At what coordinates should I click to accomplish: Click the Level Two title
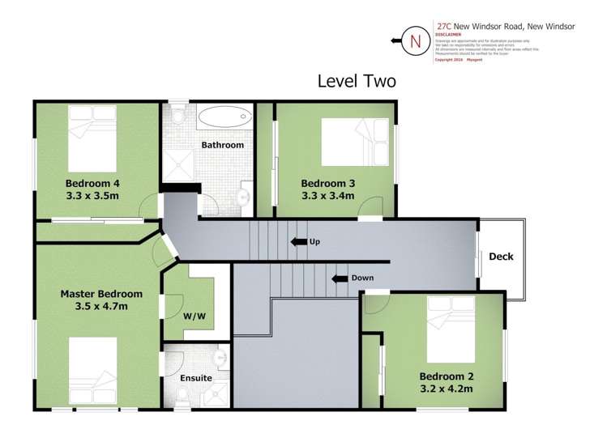coord(356,81)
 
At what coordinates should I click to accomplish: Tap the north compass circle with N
coord(417,40)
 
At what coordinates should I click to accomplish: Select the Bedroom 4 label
coord(92,183)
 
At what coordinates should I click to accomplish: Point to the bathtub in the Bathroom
coord(219,117)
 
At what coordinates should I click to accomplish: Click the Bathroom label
coord(222,146)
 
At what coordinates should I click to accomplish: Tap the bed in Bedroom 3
coord(353,141)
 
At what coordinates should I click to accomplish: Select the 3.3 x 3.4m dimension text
coord(327,195)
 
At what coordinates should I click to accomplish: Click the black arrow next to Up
coord(297,242)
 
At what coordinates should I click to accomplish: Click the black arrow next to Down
coord(340,278)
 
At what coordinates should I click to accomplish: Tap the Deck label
coord(501,257)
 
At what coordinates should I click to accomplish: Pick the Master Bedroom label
coord(101,294)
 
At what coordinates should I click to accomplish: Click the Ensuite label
coord(196,378)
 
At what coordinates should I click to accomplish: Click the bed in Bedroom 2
coord(451,329)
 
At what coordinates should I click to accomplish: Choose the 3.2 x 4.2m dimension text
coord(446,389)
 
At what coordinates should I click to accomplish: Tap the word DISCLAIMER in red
coord(448,35)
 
